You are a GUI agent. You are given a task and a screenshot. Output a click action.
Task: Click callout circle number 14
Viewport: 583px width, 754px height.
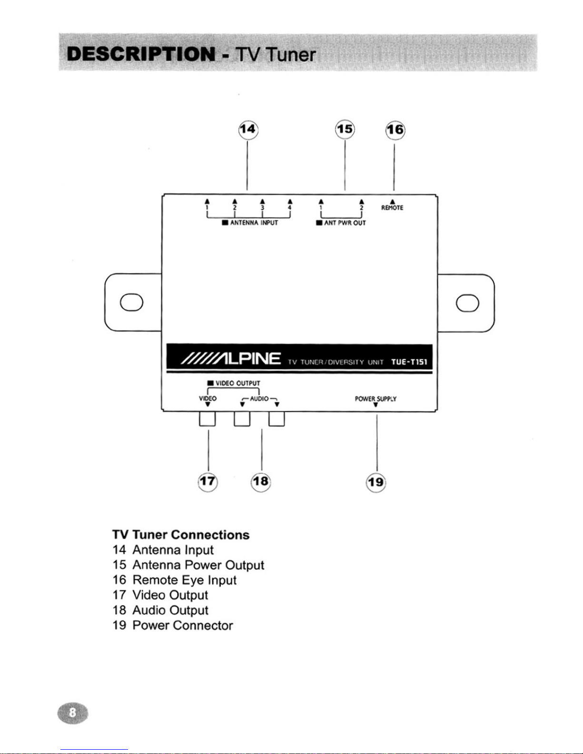click(248, 130)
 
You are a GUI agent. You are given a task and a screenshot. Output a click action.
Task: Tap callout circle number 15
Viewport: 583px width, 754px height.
click(345, 129)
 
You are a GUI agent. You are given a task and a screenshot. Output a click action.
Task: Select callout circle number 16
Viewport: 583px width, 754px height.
click(395, 130)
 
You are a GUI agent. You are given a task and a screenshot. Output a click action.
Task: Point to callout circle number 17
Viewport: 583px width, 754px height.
click(208, 481)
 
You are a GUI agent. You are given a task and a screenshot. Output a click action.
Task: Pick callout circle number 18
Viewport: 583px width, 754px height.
click(261, 481)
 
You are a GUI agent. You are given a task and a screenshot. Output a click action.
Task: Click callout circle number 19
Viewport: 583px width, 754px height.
click(376, 482)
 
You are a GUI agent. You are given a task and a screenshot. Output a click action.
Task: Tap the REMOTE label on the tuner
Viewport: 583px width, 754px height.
click(392, 208)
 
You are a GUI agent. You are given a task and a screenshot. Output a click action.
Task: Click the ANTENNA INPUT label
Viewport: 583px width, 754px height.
click(254, 223)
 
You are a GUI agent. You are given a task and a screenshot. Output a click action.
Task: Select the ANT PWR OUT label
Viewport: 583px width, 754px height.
click(345, 223)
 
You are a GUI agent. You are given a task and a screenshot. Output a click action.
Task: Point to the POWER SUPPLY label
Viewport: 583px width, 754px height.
click(375, 399)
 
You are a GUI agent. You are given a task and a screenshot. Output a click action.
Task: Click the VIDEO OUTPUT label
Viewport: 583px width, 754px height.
click(237, 383)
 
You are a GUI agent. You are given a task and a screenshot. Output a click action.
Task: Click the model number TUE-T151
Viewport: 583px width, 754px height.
click(409, 362)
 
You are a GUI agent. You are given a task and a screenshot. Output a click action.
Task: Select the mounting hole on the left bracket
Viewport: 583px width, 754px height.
click(131, 302)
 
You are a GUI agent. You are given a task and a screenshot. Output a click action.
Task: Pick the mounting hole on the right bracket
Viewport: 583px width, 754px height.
click(467, 303)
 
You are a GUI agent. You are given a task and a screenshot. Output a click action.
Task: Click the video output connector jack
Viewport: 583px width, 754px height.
click(208, 419)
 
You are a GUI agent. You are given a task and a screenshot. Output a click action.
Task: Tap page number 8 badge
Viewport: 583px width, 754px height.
click(73, 713)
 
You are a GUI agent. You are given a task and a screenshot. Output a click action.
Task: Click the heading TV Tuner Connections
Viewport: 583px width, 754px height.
click(181, 535)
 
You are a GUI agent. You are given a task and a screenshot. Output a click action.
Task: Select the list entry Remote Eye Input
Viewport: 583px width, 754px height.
click(184, 580)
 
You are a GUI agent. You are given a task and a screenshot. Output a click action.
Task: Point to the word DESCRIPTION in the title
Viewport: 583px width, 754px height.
click(141, 55)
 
